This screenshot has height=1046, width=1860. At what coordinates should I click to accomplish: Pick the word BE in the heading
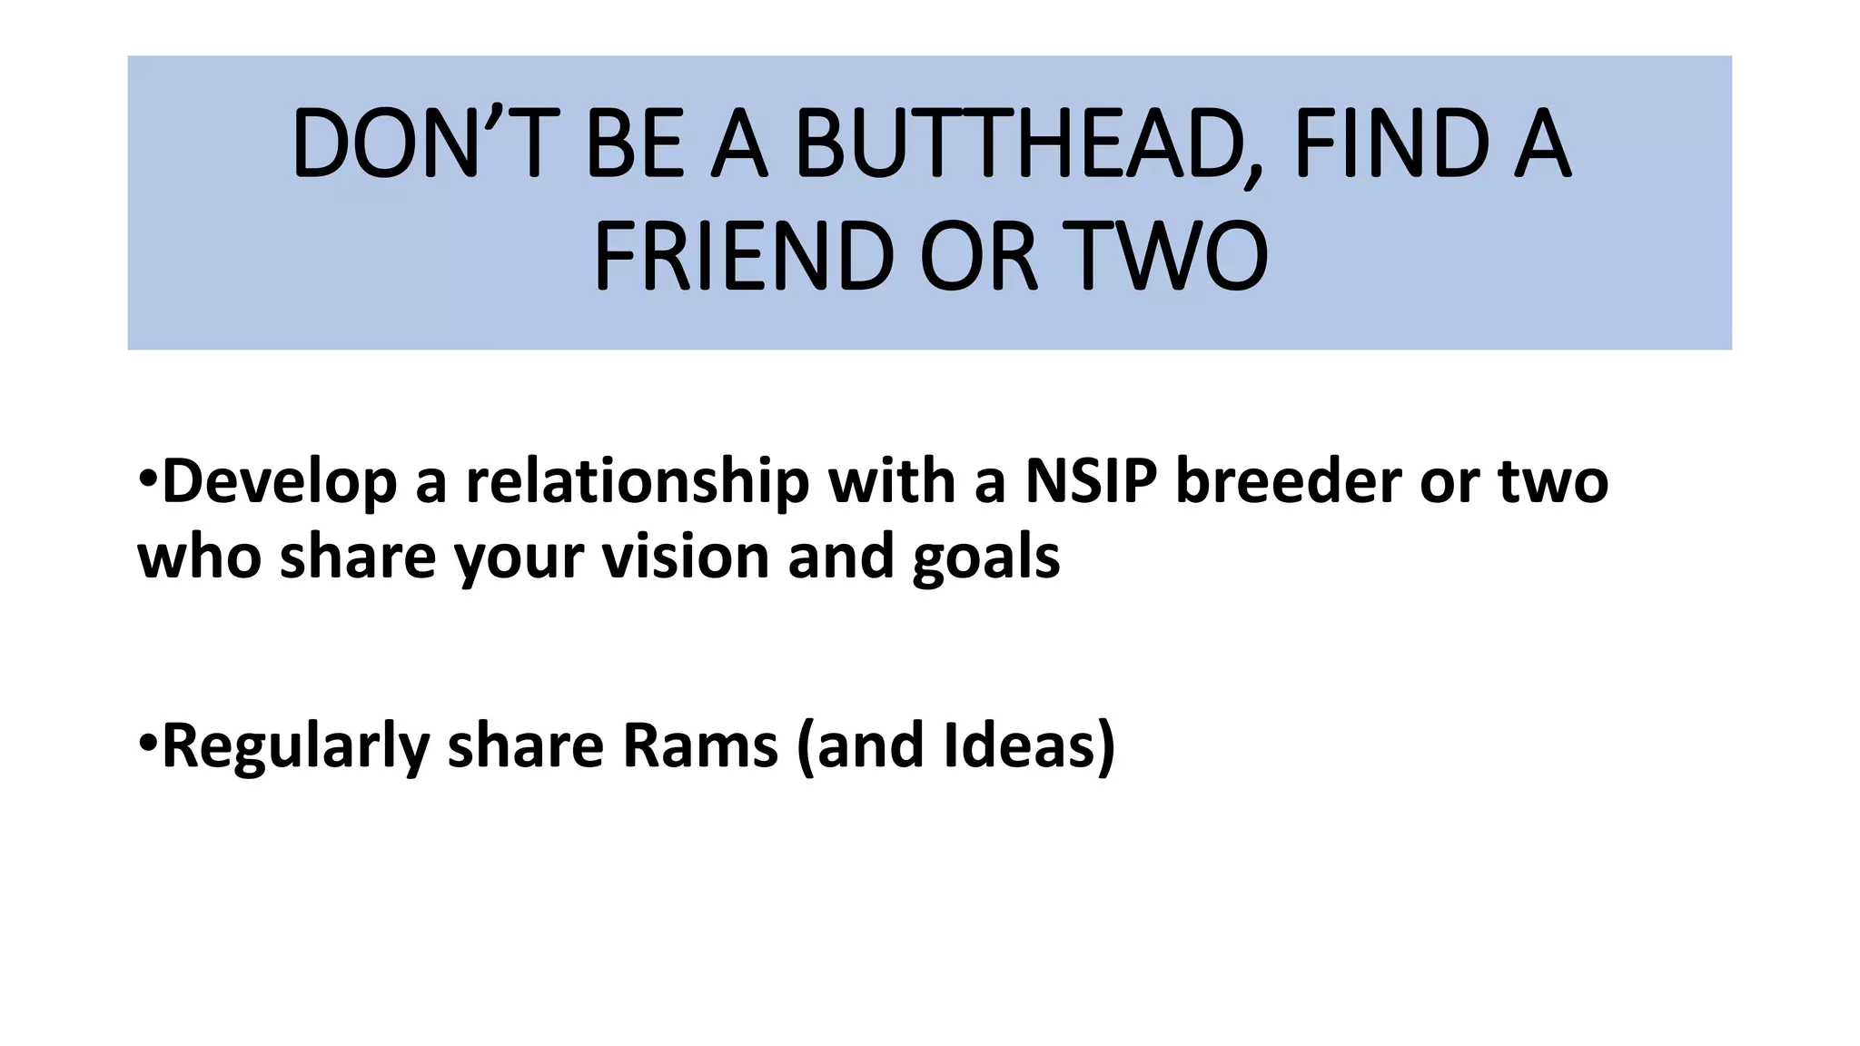pos(634,143)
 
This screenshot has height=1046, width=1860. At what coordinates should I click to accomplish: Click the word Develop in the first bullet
pos(279,482)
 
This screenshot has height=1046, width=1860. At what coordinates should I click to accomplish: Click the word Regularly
pos(295,747)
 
